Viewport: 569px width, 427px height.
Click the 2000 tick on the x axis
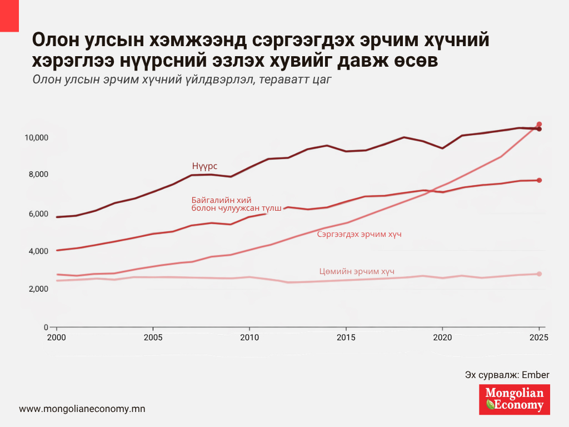pyautogui.click(x=56, y=337)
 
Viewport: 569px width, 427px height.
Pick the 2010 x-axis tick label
pyautogui.click(x=249, y=337)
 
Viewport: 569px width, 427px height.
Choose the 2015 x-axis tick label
pyautogui.click(x=346, y=337)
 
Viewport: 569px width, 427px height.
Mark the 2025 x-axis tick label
pyautogui.click(x=538, y=337)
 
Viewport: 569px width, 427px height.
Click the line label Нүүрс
pyautogui.click(x=204, y=166)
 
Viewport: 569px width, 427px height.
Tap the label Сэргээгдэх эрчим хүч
pyautogui.click(x=359, y=235)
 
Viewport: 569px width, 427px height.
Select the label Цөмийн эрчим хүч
pyautogui.click(x=357, y=271)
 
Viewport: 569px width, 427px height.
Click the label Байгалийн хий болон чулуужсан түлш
pyautogui.click(x=236, y=203)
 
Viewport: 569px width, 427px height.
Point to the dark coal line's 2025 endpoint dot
pyautogui.click(x=539, y=129)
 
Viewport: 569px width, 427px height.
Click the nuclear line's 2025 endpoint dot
pyautogui.click(x=539, y=274)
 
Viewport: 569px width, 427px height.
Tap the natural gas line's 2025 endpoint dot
pyautogui.click(x=539, y=180)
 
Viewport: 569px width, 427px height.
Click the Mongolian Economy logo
pyautogui.click(x=514, y=399)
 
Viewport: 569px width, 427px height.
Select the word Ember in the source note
pyautogui.click(x=536, y=375)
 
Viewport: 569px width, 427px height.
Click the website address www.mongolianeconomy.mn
pyautogui.click(x=82, y=409)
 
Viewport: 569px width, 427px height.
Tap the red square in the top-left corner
pyautogui.click(x=9, y=16)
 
